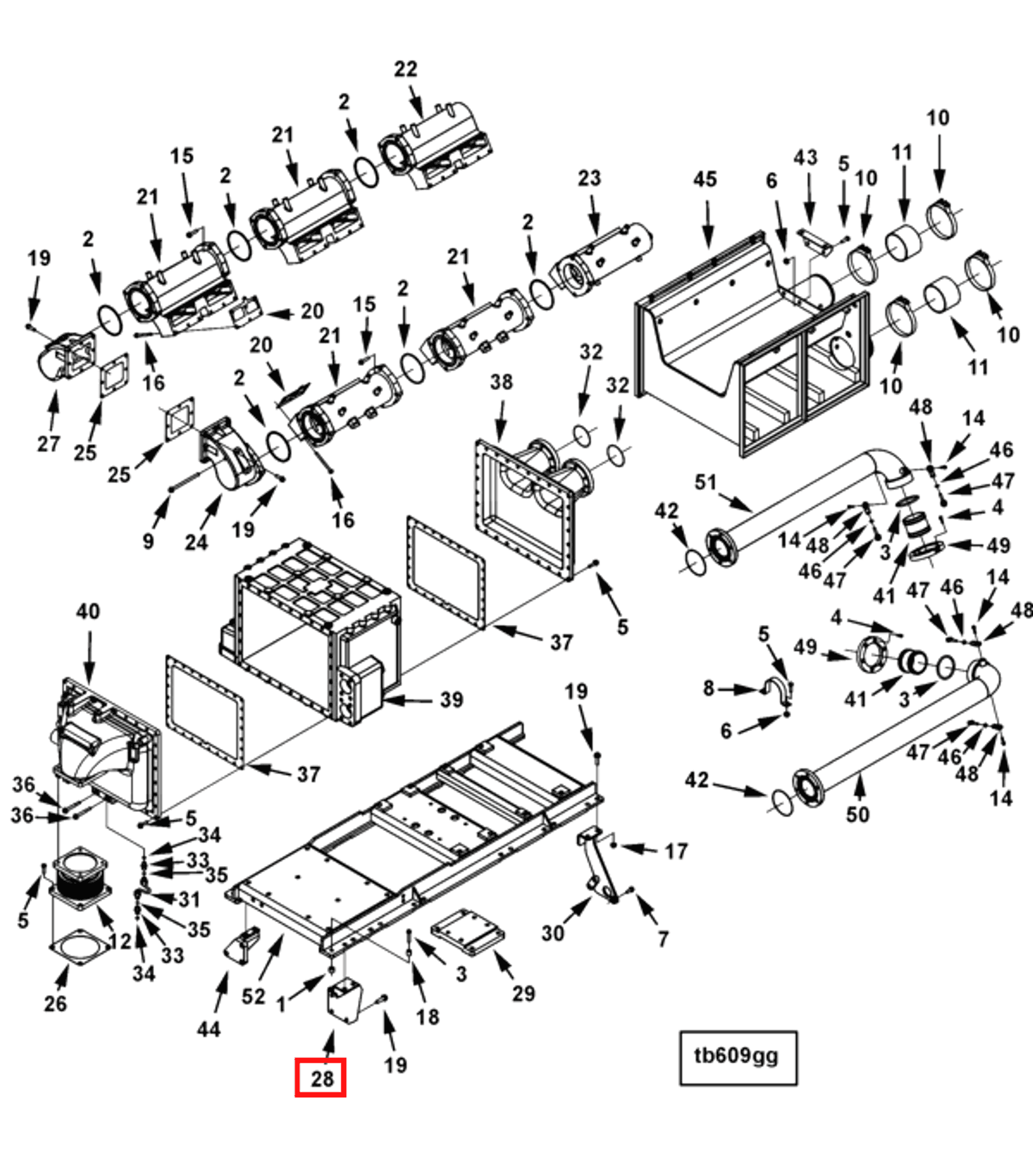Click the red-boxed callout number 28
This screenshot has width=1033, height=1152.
coord(321,1079)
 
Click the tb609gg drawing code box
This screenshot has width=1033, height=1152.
coord(738,1057)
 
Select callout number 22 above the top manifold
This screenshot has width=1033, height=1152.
coord(405,69)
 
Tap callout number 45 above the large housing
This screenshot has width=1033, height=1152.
coord(705,179)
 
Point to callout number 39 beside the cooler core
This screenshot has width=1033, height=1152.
coord(451,699)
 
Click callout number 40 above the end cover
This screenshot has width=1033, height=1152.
coord(88,611)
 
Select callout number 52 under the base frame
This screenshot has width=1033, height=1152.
coord(253,996)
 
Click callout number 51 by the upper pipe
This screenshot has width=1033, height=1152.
coord(705,482)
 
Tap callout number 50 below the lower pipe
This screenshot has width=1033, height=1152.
coord(857,814)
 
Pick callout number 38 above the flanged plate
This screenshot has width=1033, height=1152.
coord(501,382)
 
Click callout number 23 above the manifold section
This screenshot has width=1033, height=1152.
coord(589,178)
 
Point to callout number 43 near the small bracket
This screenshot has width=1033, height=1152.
coord(805,158)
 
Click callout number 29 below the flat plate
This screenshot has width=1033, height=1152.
coord(523,993)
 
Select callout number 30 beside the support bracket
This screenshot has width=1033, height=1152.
coord(552,933)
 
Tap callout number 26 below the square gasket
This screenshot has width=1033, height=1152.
coord(55,1004)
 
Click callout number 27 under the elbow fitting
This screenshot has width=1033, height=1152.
coord(49,443)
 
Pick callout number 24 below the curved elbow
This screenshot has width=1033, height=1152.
coord(196,542)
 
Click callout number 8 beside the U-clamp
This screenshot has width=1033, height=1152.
coord(708,688)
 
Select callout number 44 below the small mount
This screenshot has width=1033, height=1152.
coord(208,1029)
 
